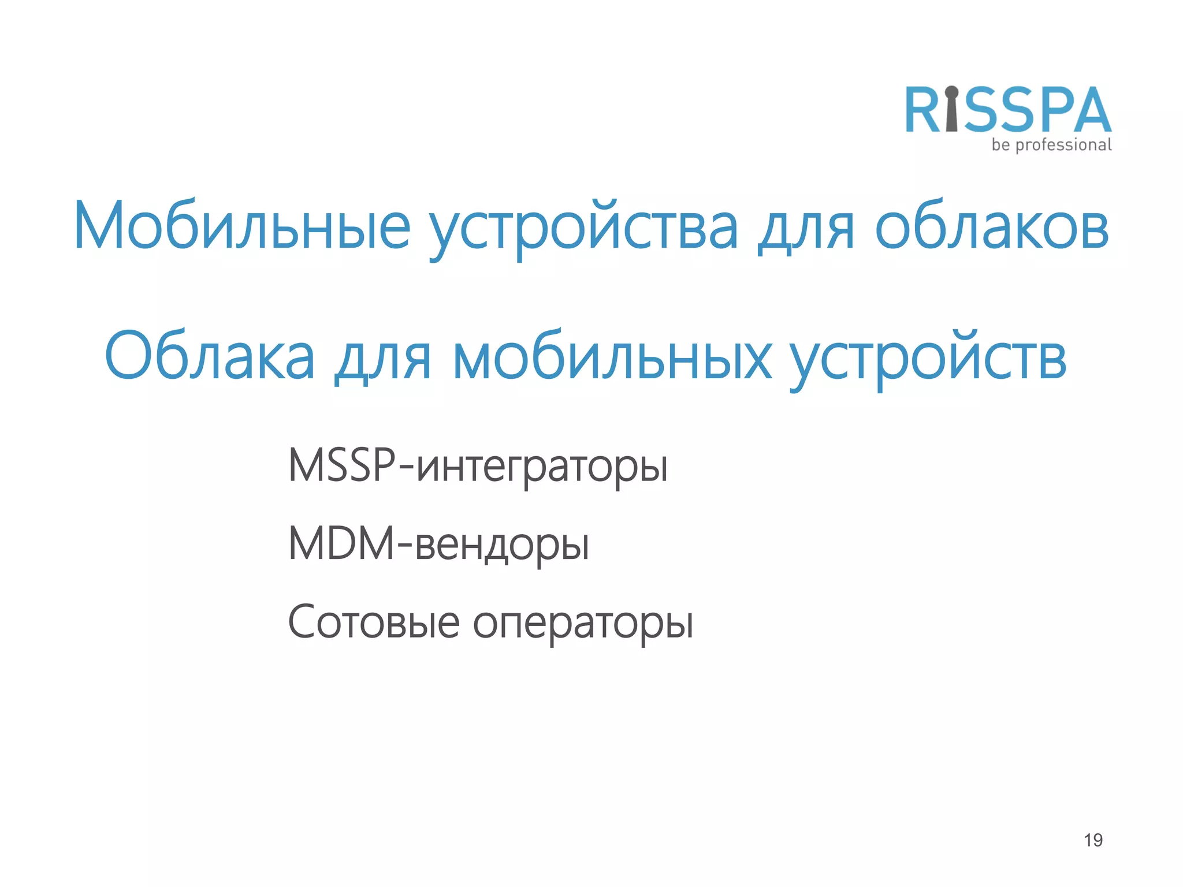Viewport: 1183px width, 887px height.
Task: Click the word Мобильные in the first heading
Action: [x=241, y=226]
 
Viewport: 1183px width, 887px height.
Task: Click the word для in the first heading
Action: [x=806, y=228]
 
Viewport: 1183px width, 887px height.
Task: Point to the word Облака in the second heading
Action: [x=210, y=356]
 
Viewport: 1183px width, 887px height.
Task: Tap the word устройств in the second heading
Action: [x=928, y=358]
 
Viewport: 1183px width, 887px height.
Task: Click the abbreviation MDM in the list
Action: [x=341, y=543]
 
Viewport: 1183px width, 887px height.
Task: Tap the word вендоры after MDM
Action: [x=502, y=546]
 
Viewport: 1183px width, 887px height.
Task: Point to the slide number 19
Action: [x=1093, y=840]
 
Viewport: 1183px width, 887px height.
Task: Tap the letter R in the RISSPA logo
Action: [x=923, y=110]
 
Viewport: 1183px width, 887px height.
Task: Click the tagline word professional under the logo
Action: [x=1063, y=145]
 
